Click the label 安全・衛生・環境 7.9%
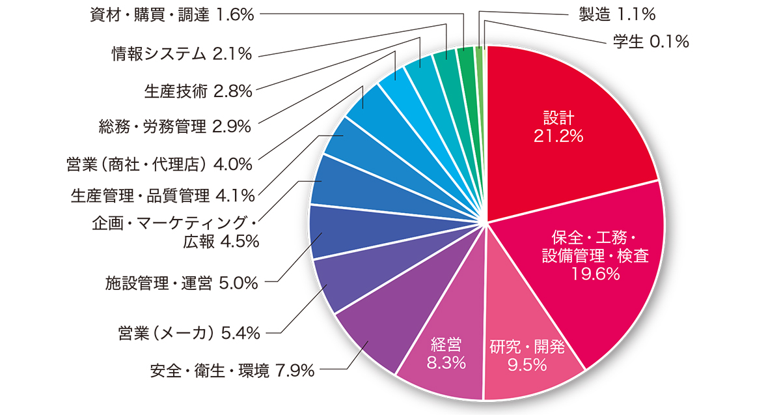tap(232, 371)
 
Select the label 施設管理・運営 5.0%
tap(182, 283)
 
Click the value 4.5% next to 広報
tap(241, 242)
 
